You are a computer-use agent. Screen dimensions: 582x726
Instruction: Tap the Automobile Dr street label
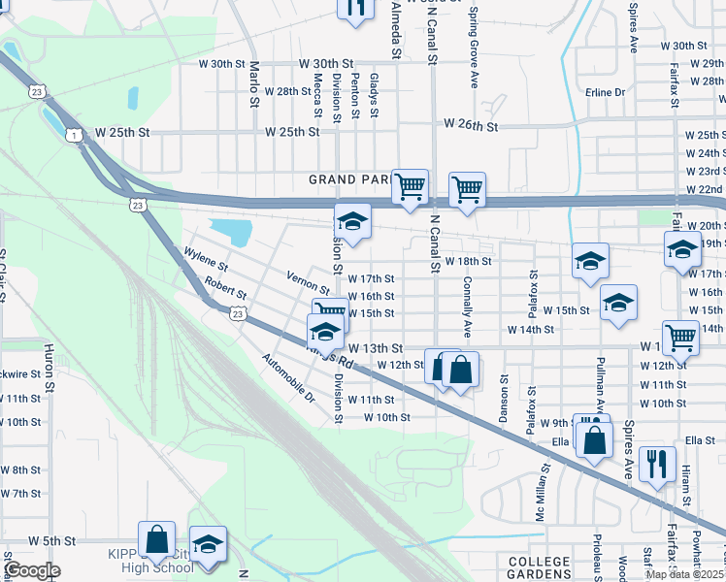pyautogui.click(x=289, y=378)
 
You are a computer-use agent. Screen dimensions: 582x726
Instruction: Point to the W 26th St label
pyautogui.click(x=471, y=125)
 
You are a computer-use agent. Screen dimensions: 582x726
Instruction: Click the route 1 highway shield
pyautogui.click(x=73, y=135)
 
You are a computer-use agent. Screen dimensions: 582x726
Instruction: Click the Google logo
pyautogui.click(x=31, y=570)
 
